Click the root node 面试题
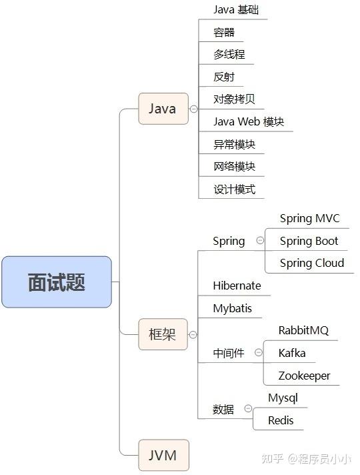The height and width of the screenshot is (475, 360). (57, 282)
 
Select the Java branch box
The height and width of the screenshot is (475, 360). (163, 109)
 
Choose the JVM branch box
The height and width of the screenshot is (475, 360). (163, 456)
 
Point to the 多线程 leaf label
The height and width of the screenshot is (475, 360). (229, 54)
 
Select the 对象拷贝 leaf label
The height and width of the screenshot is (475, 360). (234, 99)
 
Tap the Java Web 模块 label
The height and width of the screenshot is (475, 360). (249, 121)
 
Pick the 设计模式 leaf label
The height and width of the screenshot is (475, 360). (234, 189)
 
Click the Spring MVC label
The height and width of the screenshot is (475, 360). (309, 218)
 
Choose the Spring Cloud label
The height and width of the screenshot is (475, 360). (312, 263)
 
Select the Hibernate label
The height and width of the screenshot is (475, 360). (237, 286)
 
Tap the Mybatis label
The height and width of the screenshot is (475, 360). (233, 308)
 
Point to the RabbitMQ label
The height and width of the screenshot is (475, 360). (303, 330)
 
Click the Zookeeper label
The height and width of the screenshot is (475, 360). (304, 376)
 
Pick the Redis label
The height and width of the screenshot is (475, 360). (281, 420)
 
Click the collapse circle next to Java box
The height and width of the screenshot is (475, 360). (193, 109)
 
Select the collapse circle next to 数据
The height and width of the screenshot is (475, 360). (248, 409)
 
